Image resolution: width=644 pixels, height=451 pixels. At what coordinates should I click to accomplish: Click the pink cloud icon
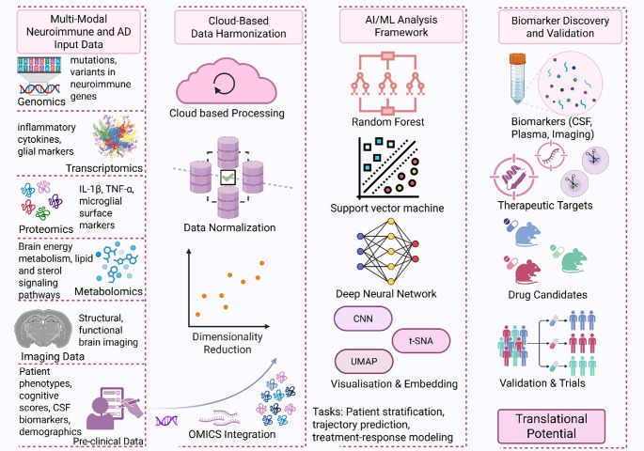pyautogui.click(x=227, y=82)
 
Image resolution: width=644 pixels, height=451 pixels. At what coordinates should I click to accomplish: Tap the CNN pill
pyautogui.click(x=363, y=319)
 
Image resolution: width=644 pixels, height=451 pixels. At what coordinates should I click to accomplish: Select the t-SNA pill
pyautogui.click(x=421, y=341)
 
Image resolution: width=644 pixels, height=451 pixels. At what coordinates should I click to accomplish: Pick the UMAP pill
pyautogui.click(x=364, y=361)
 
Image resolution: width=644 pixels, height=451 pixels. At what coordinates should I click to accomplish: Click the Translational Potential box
pyautogui.click(x=551, y=426)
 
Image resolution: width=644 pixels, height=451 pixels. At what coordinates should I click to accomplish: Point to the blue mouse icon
pyautogui.click(x=523, y=233)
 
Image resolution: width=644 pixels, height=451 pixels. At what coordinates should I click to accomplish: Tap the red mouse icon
pyautogui.click(x=523, y=271)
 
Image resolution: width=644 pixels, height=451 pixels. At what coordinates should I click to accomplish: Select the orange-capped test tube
pyautogui.click(x=517, y=78)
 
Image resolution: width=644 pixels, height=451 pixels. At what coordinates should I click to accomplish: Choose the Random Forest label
pyautogui.click(x=387, y=122)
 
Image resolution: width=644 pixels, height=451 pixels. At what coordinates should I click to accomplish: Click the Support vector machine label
pyautogui.click(x=387, y=208)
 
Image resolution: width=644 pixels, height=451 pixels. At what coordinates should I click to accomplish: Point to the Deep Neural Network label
pyautogui.click(x=386, y=294)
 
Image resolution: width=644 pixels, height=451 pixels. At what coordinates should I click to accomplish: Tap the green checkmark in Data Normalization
pyautogui.click(x=228, y=178)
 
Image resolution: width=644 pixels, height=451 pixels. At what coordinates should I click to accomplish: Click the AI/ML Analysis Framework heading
pyautogui.click(x=401, y=26)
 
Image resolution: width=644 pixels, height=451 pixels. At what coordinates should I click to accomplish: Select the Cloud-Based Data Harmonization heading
pyautogui.click(x=239, y=27)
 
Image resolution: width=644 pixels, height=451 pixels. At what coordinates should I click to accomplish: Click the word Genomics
pyautogui.click(x=41, y=101)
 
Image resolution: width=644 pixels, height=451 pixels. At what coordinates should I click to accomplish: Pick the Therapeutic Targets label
pyautogui.click(x=545, y=205)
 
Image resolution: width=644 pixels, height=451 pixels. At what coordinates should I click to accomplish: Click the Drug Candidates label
pyautogui.click(x=547, y=295)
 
